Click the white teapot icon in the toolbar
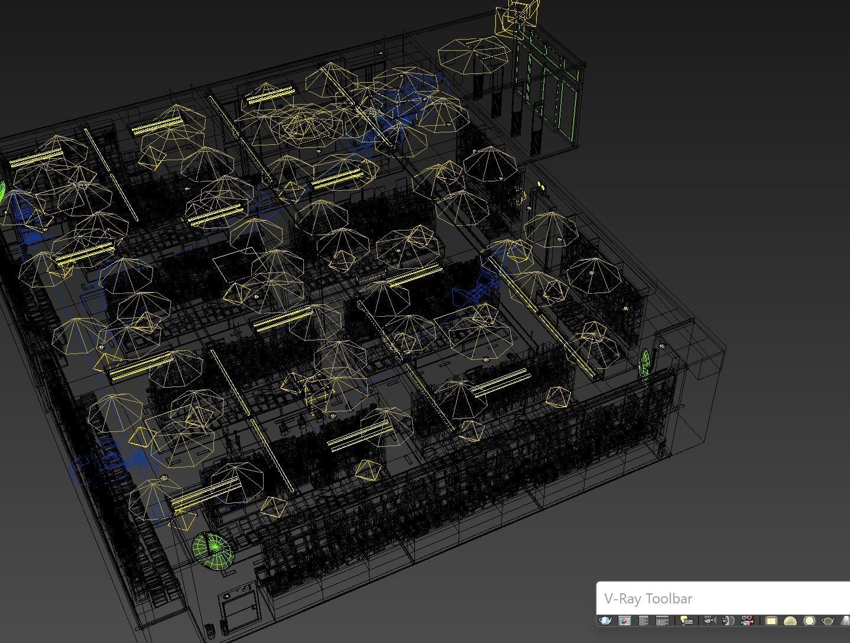[x=605, y=621]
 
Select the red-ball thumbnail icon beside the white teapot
[x=624, y=621]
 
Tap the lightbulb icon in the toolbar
[x=686, y=621]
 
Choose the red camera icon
[x=747, y=621]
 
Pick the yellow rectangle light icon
[x=771, y=621]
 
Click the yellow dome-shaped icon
[x=790, y=621]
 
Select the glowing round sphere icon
[x=809, y=621]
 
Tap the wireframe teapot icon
[x=828, y=621]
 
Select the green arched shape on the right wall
[x=645, y=362]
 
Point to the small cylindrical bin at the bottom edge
[x=211, y=630]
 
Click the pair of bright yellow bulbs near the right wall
[x=541, y=188]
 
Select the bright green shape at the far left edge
[x=3, y=195]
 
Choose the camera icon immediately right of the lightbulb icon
[x=708, y=621]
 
